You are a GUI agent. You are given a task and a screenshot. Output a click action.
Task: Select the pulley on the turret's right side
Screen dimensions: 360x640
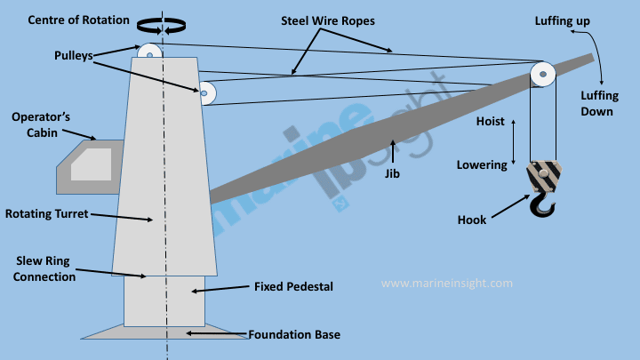click(x=206, y=92)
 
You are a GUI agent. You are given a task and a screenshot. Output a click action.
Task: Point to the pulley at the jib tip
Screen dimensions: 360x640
click(x=542, y=74)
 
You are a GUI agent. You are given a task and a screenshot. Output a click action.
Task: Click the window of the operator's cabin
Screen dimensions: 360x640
click(x=92, y=165)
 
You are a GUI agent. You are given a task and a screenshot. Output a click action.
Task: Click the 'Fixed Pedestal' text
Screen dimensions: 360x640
click(x=292, y=287)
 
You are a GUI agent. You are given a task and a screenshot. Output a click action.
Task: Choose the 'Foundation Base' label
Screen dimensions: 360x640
click(x=294, y=335)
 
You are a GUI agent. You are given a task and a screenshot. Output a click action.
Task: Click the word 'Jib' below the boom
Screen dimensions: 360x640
click(x=392, y=174)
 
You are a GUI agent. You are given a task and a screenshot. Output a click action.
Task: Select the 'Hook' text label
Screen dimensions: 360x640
click(x=472, y=220)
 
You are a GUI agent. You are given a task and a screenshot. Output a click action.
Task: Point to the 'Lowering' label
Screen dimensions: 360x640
click(x=482, y=164)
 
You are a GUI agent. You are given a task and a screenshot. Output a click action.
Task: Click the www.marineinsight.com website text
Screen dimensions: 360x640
click(x=447, y=284)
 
